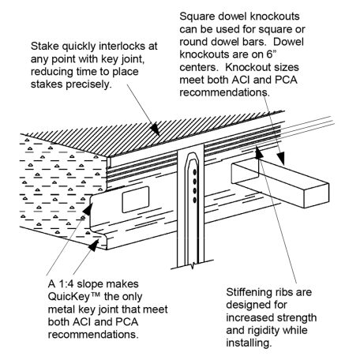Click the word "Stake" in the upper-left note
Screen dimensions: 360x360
tap(45, 47)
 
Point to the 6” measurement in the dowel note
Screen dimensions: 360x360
tap(272, 54)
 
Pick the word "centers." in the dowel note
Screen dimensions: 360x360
tap(199, 67)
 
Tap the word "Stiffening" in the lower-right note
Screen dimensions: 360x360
tap(248, 292)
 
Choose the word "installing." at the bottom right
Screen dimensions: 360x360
tap(249, 343)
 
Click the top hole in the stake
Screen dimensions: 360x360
tap(195, 172)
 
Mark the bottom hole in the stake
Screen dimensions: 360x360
tap(195, 201)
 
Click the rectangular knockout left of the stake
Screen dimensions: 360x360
tap(136, 200)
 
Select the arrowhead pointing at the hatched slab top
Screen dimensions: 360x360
tap(155, 129)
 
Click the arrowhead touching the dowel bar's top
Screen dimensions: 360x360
tap(280, 159)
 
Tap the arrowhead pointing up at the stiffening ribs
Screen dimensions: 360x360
tap(259, 153)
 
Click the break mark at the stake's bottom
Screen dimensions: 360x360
tap(193, 264)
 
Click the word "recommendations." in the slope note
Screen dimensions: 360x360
tap(93, 335)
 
